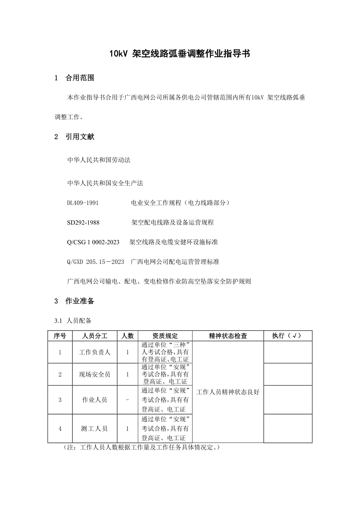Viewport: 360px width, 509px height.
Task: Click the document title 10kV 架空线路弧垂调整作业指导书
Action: [180, 54]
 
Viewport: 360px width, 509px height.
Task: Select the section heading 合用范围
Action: [80, 78]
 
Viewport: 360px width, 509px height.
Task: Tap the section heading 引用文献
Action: [80, 137]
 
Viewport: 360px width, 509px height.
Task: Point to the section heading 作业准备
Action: [80, 301]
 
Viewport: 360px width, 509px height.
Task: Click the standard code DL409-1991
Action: [83, 203]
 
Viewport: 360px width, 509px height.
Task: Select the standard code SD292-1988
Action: [83, 222]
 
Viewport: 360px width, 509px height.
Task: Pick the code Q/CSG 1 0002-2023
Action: [94, 242]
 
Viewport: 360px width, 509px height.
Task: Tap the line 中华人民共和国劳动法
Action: [99, 160]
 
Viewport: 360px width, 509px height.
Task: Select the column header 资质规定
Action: [165, 336]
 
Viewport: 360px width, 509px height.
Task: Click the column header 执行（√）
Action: [288, 336]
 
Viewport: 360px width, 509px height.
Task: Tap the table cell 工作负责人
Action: [95, 352]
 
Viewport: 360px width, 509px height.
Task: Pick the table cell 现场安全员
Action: [95, 375]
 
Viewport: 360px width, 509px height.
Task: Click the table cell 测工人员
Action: [95, 428]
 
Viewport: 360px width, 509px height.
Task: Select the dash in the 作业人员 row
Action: [128, 400]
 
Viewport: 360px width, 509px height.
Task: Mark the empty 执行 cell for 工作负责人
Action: [288, 352]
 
